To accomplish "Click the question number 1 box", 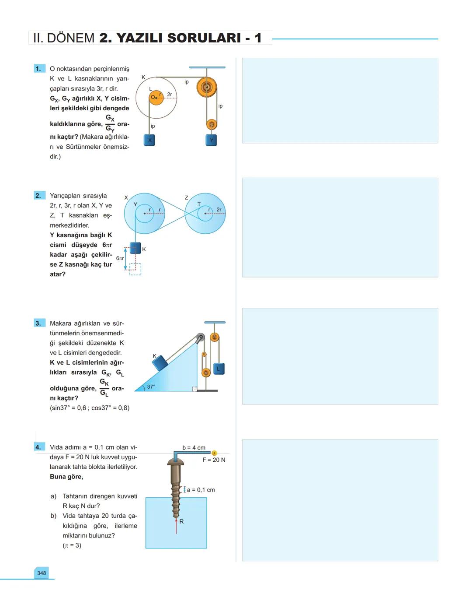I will click(x=39, y=69).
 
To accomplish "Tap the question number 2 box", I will click(x=39, y=196).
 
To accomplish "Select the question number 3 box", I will click(x=39, y=323).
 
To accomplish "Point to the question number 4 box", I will click(x=39, y=447).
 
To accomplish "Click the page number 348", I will click(x=42, y=573).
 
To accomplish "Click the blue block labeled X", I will click(x=149, y=140).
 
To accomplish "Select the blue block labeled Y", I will click(x=212, y=140).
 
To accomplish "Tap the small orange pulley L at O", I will click(x=156, y=98).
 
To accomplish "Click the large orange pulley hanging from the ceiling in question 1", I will click(x=206, y=88).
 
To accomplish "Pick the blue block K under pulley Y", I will click(x=135, y=248).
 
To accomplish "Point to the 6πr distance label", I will click(x=120, y=258).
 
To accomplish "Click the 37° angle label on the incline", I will click(x=151, y=387).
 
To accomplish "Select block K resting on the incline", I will click(x=160, y=363).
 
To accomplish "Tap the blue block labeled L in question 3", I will click(x=219, y=369).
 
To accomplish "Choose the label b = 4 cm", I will click(x=194, y=447).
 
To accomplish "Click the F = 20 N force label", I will click(x=214, y=460).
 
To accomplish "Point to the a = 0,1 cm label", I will click(x=201, y=490).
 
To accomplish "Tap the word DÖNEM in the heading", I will click(x=70, y=38).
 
